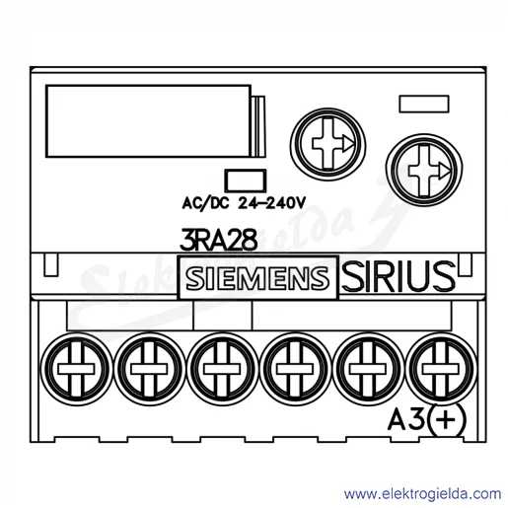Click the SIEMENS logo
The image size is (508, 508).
(x=257, y=278)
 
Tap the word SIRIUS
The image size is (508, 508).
(x=399, y=276)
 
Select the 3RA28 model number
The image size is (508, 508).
(x=218, y=241)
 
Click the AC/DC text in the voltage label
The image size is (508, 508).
(x=205, y=203)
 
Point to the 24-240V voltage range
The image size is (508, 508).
(x=271, y=203)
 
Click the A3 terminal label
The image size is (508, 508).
(x=406, y=420)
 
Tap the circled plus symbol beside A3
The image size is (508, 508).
(x=448, y=420)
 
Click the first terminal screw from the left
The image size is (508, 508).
(x=76, y=369)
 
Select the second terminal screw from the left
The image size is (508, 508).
(x=149, y=369)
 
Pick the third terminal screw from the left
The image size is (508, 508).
(x=222, y=369)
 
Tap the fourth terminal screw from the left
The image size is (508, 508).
(x=295, y=369)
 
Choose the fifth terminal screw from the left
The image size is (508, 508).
(x=368, y=369)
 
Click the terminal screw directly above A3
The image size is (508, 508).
(x=441, y=369)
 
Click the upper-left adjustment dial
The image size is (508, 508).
(x=328, y=144)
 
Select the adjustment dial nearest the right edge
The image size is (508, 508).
(x=424, y=171)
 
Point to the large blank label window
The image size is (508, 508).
(x=149, y=121)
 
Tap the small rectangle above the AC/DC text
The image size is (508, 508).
(x=246, y=181)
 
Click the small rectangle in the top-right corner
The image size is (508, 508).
(x=424, y=105)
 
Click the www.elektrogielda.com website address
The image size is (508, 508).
(x=422, y=494)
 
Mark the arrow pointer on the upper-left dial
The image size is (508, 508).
(x=347, y=144)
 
